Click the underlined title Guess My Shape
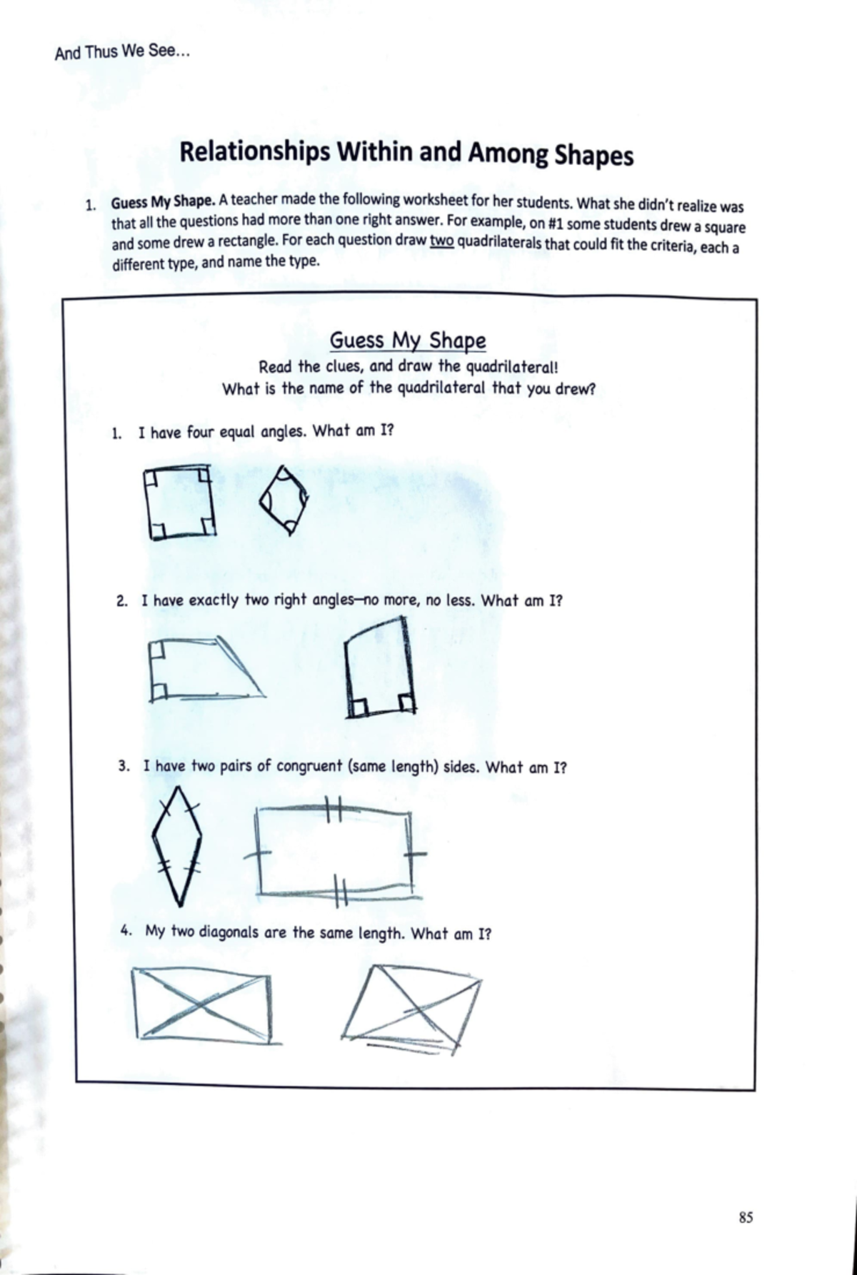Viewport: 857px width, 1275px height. click(x=407, y=341)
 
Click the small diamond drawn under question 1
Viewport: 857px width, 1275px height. click(x=284, y=500)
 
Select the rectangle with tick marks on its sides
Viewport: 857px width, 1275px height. click(x=334, y=852)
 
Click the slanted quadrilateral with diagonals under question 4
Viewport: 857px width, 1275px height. click(x=414, y=1006)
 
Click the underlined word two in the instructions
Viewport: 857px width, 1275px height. click(x=441, y=241)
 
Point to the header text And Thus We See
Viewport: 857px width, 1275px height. click(x=122, y=51)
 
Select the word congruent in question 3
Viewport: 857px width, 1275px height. click(x=309, y=767)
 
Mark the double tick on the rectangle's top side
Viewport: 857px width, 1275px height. click(x=334, y=810)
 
